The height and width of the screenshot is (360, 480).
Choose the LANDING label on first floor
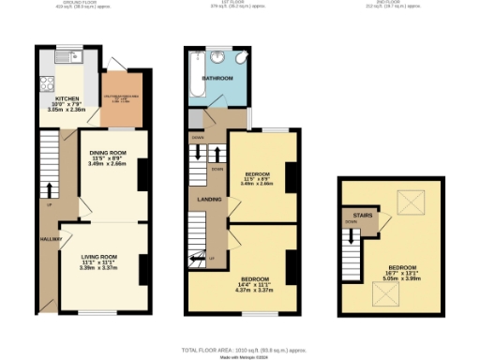[208, 199]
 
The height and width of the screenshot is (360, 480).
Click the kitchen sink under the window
[76, 57]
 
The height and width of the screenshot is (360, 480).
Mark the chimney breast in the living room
[144, 270]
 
